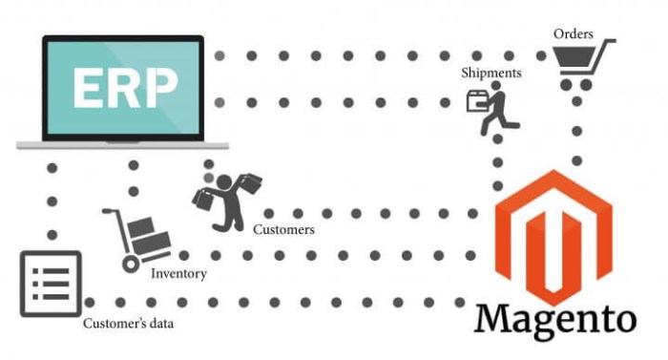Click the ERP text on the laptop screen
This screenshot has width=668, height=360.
123,89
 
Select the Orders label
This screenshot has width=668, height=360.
574,34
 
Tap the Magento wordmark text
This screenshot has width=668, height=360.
554,318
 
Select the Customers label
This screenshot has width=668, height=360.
283,229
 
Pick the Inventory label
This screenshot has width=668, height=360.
178,274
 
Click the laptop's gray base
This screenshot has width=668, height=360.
123,144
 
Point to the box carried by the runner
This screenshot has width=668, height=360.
475,100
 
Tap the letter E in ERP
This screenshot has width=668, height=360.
88,89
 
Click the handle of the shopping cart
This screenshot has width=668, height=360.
608,42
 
